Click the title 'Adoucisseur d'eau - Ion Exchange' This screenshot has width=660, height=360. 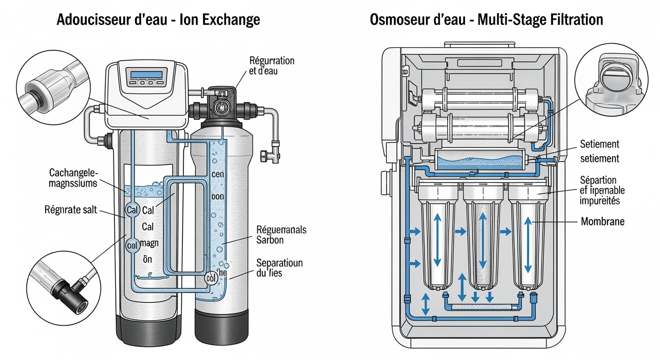tap(158, 20)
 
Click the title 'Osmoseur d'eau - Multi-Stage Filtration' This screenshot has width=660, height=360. tap(486, 20)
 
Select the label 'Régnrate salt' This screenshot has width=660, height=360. tap(70, 210)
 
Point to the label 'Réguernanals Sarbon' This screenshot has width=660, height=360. tap(281, 234)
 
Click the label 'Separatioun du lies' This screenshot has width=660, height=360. tap(279, 267)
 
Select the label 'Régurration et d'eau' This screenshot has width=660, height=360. tap(272, 66)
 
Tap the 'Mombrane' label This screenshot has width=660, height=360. tap(602, 221)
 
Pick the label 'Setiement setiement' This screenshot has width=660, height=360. tap(600, 151)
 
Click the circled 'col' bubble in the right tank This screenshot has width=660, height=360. tap(211, 278)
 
